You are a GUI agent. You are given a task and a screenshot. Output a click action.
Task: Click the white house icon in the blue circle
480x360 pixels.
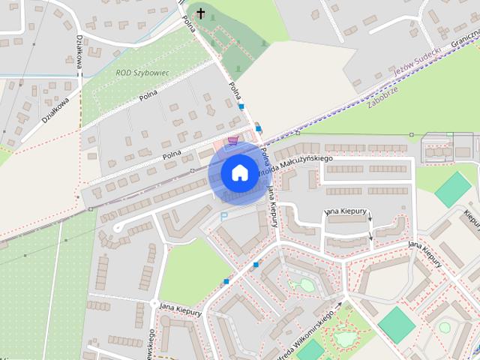pyautogui.click(x=238, y=172)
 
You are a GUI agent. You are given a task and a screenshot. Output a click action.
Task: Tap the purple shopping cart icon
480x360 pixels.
pyautogui.click(x=233, y=139)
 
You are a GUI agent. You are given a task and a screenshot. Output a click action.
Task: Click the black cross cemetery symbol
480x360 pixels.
pyautogui.click(x=200, y=13)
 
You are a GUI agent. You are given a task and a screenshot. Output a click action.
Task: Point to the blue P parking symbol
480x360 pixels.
pyautogui.click(x=223, y=216)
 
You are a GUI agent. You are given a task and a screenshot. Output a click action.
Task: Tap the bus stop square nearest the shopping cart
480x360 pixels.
pyautogui.click(x=259, y=128)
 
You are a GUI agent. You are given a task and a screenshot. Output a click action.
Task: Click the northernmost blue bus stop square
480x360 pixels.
pyautogui.click(x=241, y=106)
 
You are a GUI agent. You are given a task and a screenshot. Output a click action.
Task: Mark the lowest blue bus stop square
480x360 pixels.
pyautogui.click(x=226, y=281)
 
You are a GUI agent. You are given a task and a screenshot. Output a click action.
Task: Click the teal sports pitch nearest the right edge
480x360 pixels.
pyautogui.click(x=453, y=189)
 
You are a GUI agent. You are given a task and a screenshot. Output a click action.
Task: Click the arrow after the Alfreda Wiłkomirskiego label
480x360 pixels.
pyautogui.click(x=339, y=304)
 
